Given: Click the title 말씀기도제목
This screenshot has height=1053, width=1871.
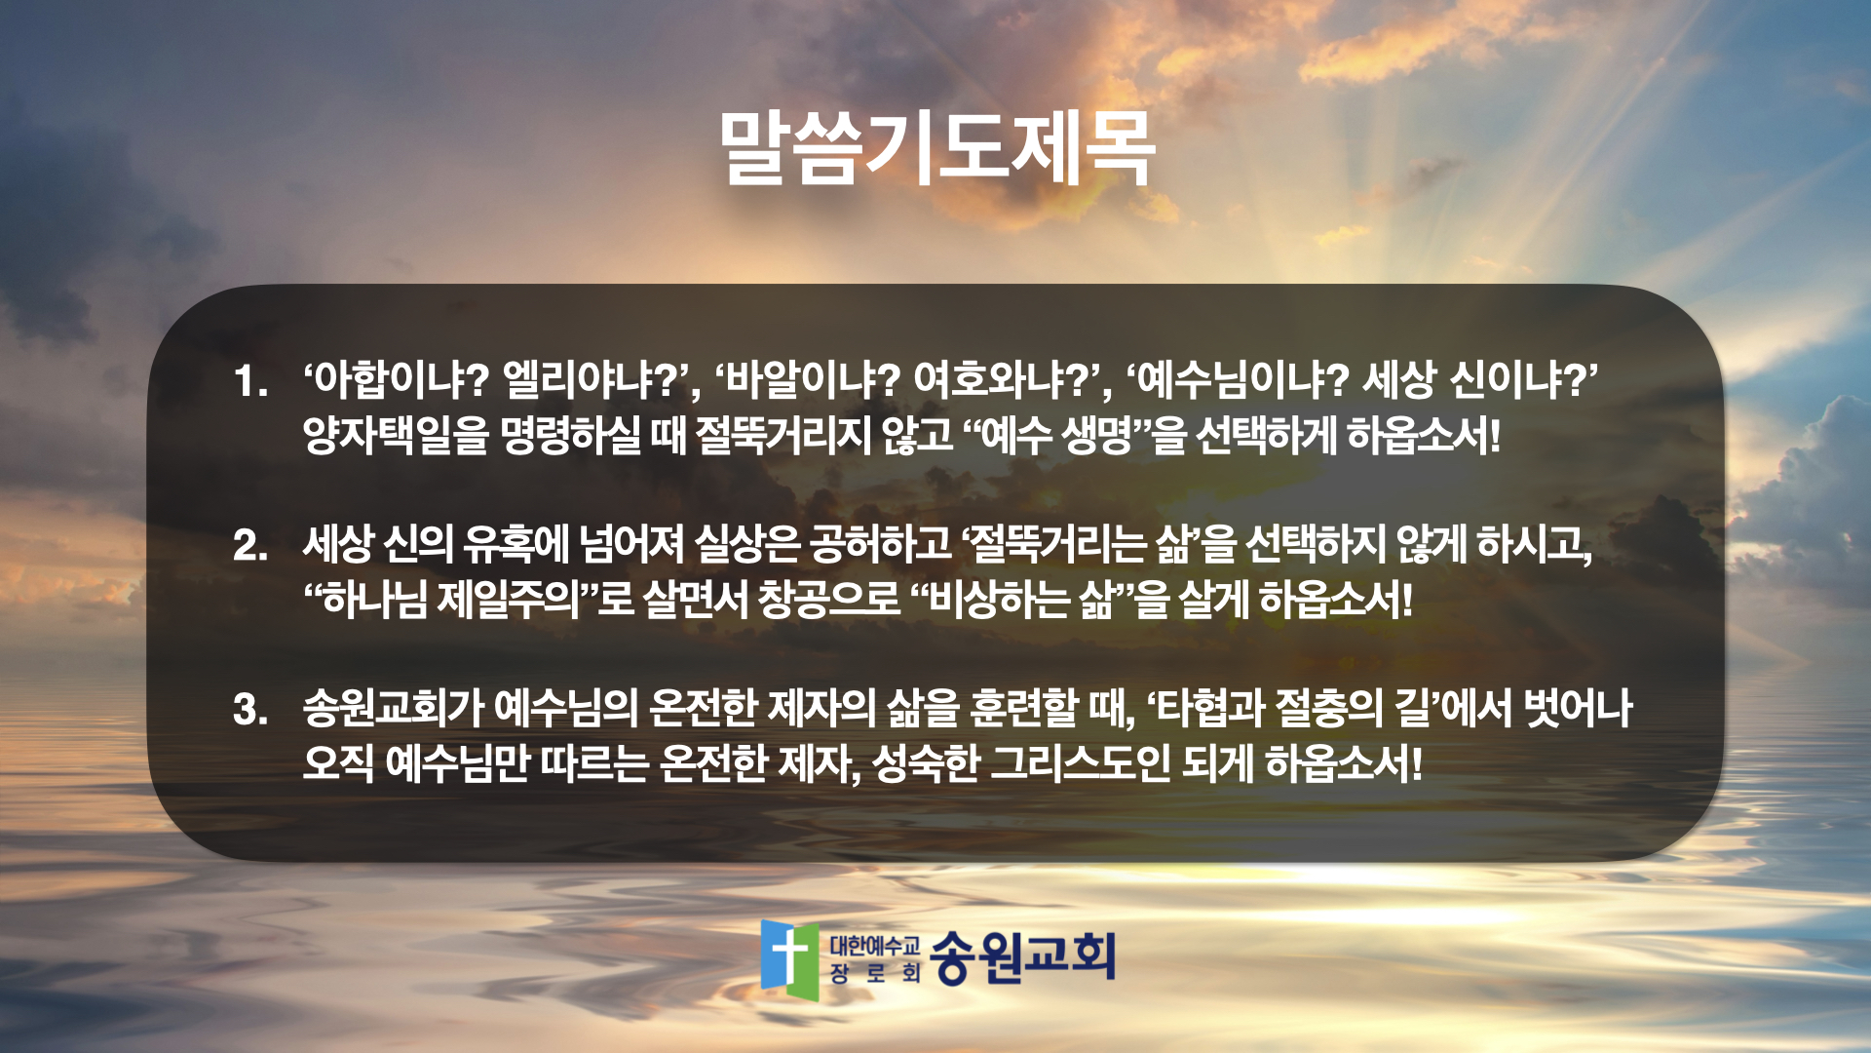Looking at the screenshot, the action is coord(936,148).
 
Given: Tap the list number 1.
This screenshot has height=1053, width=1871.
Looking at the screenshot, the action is coord(249,381).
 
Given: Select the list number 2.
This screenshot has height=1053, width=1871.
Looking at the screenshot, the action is coord(250,545).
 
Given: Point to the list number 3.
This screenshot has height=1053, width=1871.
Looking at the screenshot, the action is coord(250,709).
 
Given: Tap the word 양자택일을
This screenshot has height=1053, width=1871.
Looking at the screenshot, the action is coord(396,435).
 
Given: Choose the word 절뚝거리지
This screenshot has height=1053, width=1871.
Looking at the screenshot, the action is coord(783,435).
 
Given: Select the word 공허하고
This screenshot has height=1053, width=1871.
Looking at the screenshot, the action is coord(880,543).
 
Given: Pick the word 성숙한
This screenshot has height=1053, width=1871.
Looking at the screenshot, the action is coord(925,762).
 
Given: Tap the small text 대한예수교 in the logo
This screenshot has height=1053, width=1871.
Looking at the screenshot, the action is coord(875,944).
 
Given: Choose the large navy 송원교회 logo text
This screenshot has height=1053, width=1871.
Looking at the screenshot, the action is coord(1022,956).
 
